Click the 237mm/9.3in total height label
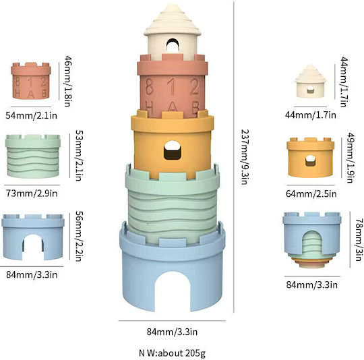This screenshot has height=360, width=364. pos(245,157)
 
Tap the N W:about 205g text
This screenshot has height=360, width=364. pos(173,353)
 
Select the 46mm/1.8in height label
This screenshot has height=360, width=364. pos(67,81)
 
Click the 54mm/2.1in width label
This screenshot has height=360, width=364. pos(31,115)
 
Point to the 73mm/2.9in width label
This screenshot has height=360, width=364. pos(32,193)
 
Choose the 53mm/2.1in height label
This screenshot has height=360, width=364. pos(79,155)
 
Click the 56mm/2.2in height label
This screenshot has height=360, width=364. pos(80,236)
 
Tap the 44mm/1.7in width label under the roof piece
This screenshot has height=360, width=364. pos(311,115)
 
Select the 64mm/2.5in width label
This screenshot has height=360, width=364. pos(311,193)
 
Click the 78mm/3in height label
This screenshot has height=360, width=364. pos(359,239)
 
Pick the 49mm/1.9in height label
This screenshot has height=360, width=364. pos(351,158)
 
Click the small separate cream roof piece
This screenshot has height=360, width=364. pos(310,80)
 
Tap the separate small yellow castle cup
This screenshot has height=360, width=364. pos(310,157)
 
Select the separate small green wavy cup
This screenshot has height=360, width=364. pos(33,156)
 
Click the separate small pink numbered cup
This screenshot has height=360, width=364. pos(31,80)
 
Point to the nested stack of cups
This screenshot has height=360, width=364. pos(312,239)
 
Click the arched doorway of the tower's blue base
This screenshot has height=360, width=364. pos(173,291)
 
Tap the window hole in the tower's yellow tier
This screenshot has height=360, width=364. pos(173,150)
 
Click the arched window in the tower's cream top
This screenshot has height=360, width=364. pos(173,46)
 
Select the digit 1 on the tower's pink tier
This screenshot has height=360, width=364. pos(172,86)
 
